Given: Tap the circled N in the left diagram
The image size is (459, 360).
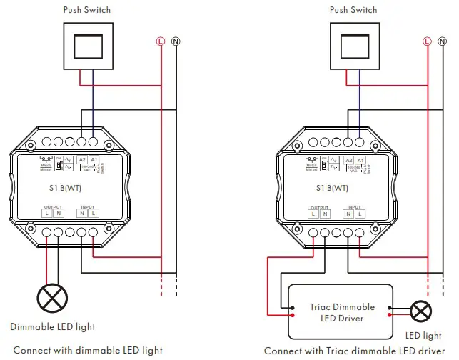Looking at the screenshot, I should pos(176,41).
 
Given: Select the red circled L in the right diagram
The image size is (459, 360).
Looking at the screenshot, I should pos(427,41).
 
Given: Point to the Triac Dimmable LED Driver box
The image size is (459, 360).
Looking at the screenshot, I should pos(341,312).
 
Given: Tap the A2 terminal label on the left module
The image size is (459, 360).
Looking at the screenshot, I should pos(82,161).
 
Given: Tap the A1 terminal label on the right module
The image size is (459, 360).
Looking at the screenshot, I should pos(360,161).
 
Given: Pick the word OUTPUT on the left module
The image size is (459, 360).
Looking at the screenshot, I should pos(52,206).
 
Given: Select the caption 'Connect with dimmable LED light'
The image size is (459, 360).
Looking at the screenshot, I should pos(88,351).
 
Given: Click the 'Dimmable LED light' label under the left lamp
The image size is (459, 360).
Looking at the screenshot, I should pos(53,327).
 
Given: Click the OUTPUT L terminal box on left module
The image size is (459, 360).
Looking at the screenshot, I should pos(46,214).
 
